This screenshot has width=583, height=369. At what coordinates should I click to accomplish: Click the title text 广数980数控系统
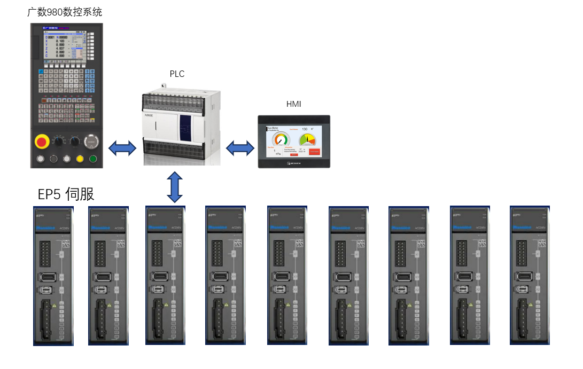point(65,11)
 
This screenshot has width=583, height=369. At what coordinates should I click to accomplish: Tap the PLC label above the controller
point(177,74)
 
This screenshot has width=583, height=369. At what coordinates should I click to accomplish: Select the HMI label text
point(293,104)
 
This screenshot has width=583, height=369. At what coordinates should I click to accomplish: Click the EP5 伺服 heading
point(66,194)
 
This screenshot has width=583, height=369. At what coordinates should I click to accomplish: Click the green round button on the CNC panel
point(94,159)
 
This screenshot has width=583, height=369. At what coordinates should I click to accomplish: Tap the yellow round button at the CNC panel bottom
point(80,159)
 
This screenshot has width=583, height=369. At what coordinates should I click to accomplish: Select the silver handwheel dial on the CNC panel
point(92,142)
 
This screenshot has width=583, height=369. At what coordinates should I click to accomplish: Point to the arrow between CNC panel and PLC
point(123,148)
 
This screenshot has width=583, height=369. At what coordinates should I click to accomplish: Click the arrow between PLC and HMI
point(240,148)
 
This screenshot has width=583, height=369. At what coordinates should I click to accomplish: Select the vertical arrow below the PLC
point(174,187)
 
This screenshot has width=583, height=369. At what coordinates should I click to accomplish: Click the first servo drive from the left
point(53,275)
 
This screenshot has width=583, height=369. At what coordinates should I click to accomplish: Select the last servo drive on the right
point(530,275)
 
